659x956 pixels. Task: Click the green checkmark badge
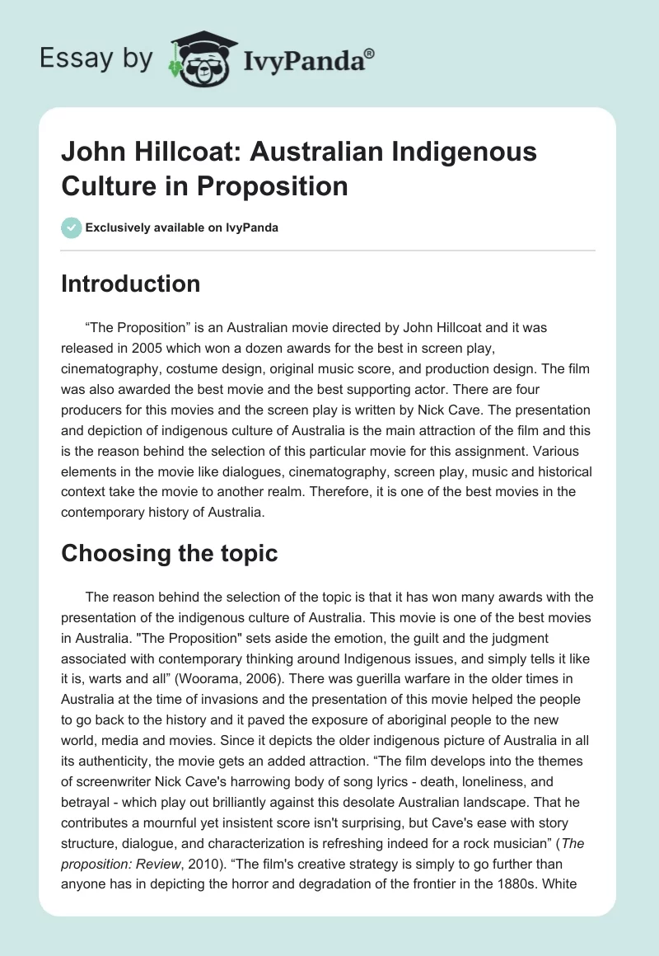tap(71, 227)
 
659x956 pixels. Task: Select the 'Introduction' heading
tap(131, 284)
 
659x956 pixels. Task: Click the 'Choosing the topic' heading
tap(170, 554)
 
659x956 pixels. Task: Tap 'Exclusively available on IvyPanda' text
tap(183, 227)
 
